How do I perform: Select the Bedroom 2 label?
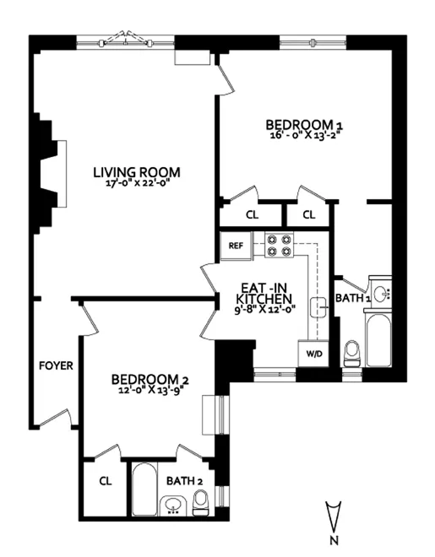(x=150, y=379)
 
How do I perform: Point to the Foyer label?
(x=56, y=366)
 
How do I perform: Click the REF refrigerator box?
(x=236, y=246)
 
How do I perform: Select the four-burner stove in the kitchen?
(x=280, y=245)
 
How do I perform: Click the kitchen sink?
(x=318, y=309)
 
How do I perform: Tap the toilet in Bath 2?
(x=201, y=505)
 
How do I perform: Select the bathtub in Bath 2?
(x=144, y=490)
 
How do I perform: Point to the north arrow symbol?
(x=334, y=514)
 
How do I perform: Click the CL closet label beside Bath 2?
(x=106, y=481)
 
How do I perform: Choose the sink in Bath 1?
(x=381, y=295)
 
